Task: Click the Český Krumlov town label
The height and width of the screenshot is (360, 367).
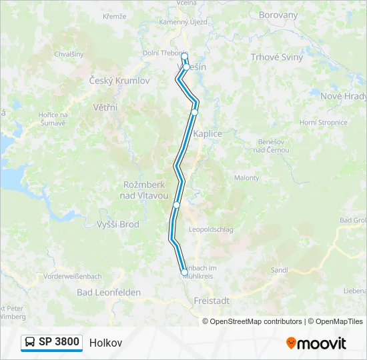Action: point(119,81)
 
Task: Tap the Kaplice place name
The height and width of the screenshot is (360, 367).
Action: point(208,133)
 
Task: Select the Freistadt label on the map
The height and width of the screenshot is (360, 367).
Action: point(212,301)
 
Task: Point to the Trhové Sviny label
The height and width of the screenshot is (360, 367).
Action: point(276,57)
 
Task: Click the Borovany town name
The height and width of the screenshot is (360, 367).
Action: point(278,14)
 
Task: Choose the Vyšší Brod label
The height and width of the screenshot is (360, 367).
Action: point(118,225)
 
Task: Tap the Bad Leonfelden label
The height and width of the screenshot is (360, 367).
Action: point(109,292)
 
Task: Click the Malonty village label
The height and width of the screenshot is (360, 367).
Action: point(246,178)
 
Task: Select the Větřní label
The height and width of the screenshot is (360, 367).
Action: point(105,107)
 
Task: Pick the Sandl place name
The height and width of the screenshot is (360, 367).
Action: point(280,270)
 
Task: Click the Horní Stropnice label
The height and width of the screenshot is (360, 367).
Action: point(324,123)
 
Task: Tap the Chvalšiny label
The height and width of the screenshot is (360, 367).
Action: point(69,54)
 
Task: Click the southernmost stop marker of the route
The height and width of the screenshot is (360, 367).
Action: point(184,272)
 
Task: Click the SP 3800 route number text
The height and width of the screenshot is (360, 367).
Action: point(59,342)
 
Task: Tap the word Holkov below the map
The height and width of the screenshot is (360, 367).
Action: point(105,343)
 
